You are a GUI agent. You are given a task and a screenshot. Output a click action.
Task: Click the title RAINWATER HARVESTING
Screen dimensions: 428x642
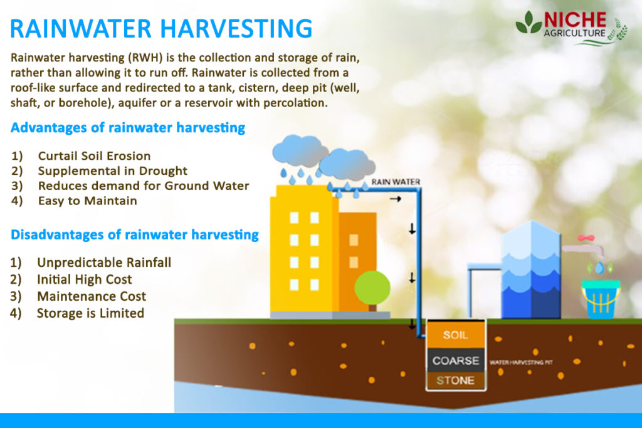(x=162, y=29)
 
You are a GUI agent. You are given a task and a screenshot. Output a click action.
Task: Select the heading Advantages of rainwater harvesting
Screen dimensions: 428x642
(x=128, y=128)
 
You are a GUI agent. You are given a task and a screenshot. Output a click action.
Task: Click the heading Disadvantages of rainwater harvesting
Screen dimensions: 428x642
(x=135, y=235)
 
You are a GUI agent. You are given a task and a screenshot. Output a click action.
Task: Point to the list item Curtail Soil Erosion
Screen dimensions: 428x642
(x=94, y=155)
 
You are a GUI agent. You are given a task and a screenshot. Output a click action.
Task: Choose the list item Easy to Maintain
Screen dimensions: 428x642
(x=87, y=201)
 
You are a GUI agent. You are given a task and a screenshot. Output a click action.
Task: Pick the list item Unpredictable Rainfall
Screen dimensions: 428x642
(x=103, y=262)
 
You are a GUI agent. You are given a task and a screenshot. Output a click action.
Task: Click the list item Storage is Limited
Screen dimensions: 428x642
(x=90, y=313)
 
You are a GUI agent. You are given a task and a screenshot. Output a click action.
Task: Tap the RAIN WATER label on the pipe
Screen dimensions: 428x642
(x=396, y=182)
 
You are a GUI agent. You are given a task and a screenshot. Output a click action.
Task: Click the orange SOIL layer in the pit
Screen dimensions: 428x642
(x=455, y=335)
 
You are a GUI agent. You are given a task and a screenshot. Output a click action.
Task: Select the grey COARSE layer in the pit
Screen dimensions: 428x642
(x=455, y=361)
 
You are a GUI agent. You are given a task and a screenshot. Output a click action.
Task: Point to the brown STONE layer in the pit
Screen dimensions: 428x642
(x=455, y=380)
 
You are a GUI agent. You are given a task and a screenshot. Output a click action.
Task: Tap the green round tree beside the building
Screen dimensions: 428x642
(x=372, y=288)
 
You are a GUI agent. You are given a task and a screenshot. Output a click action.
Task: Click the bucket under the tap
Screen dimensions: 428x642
(x=600, y=300)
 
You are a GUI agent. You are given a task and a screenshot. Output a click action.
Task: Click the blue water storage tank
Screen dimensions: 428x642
(x=531, y=269)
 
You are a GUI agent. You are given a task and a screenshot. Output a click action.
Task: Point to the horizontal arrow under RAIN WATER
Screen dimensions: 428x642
(x=395, y=199)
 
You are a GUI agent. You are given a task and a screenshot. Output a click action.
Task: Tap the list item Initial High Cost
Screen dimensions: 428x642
(x=84, y=279)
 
